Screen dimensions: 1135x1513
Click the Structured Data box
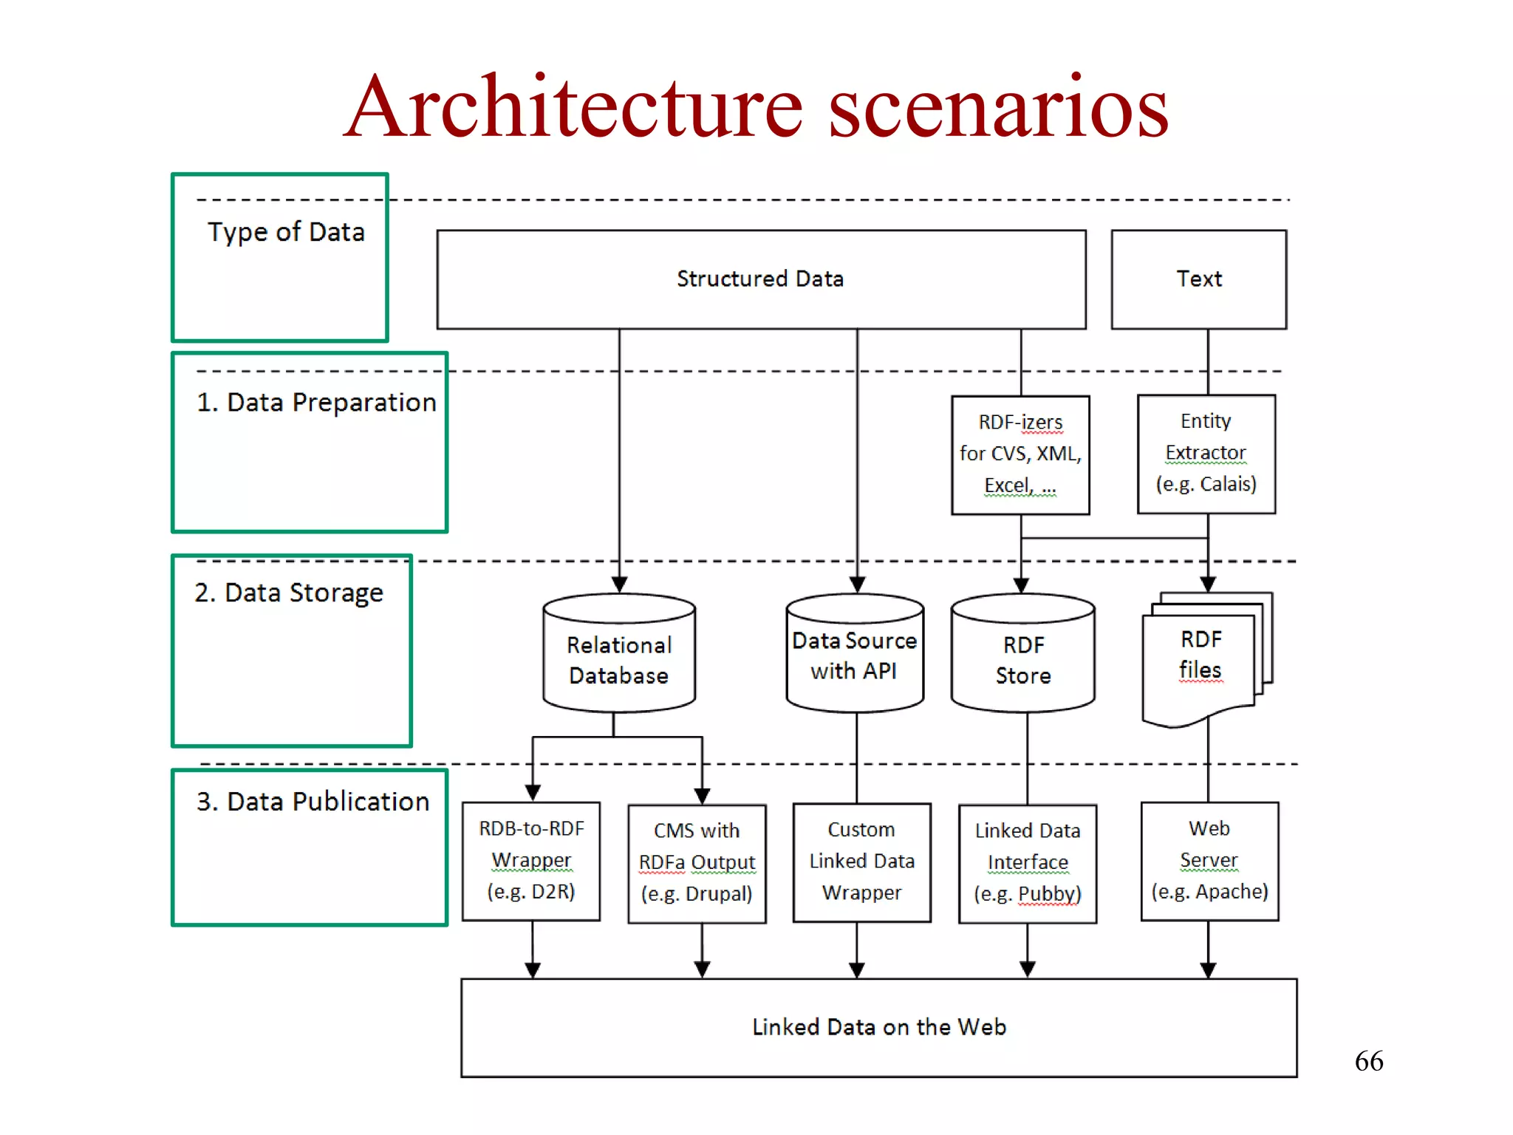coord(761,279)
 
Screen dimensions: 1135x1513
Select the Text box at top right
coord(1198,279)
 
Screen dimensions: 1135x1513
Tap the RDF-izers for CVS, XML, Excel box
coord(1020,454)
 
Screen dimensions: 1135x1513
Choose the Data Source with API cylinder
coord(855,655)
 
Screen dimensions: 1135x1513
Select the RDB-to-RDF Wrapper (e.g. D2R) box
coord(531,861)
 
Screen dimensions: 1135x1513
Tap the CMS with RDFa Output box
coord(697,863)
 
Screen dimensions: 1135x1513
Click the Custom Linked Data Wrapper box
coord(861,862)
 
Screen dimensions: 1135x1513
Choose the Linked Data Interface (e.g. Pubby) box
coord(1027,863)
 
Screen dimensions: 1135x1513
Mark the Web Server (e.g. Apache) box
coord(1209,861)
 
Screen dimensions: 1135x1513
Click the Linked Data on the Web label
coord(879,1027)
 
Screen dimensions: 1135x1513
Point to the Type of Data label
coord(286,232)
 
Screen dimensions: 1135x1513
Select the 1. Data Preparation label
coord(316,403)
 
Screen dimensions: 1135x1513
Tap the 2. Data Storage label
coord(289,593)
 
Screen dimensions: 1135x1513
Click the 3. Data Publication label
coord(312,802)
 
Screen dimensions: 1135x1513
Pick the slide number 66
coord(1368,1061)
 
